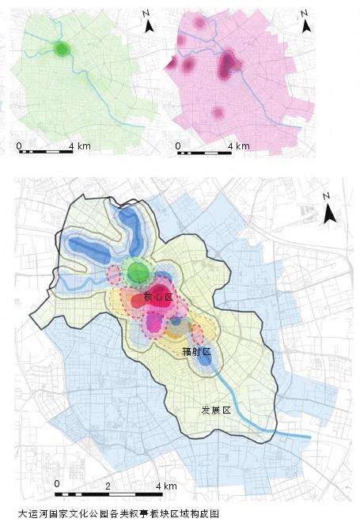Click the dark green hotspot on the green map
coord(62,49)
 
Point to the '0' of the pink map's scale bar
coord(178,146)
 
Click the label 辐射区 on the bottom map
coord(195,350)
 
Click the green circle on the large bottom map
coord(138,273)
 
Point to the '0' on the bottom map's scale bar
coord(57,482)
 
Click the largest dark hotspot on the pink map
coord(229,62)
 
